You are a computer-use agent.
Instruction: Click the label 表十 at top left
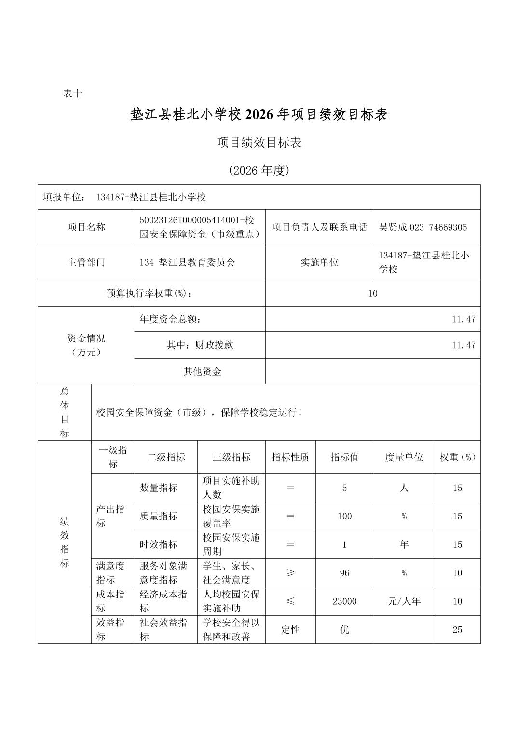tap(72, 94)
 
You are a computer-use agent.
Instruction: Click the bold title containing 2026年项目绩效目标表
tap(259, 114)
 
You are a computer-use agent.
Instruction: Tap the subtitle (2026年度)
tap(259, 170)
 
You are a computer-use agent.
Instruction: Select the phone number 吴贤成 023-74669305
tap(423, 227)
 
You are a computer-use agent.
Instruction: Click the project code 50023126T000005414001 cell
tap(200, 227)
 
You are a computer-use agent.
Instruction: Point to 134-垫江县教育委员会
tap(187, 262)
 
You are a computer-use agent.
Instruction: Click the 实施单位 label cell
tap(319, 262)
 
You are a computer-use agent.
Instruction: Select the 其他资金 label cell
tap(202, 371)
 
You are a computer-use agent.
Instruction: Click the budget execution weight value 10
tap(372, 293)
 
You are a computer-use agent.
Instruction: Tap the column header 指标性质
tap(290, 457)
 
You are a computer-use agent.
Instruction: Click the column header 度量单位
tap(404, 457)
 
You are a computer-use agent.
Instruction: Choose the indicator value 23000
tap(344, 601)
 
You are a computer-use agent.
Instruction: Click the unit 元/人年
tap(404, 601)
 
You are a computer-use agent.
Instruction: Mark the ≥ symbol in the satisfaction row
tap(290, 573)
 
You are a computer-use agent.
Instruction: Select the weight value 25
tap(457, 630)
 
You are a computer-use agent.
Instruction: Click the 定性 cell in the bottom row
tap(290, 630)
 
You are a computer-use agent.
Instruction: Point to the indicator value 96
tap(344, 573)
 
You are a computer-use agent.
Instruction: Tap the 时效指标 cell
tap(159, 544)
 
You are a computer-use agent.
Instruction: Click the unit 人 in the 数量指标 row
tap(404, 488)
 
